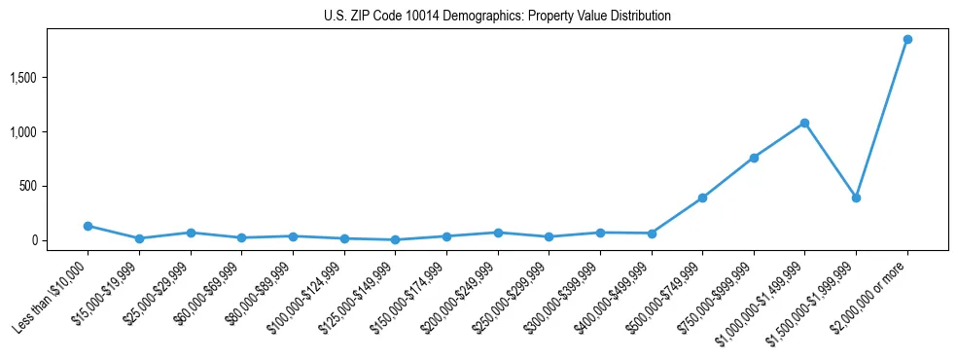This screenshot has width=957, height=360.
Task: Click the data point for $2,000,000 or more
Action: coord(906,40)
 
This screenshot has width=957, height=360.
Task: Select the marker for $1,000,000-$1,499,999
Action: coord(804,123)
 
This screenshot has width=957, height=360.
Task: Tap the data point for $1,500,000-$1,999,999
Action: coord(856,198)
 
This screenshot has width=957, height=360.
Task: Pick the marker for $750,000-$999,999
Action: coord(754,158)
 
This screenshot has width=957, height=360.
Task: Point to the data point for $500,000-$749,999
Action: coord(702,198)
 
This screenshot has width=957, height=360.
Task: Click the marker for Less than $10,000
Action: coord(89,226)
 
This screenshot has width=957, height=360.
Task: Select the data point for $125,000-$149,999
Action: coord(395,239)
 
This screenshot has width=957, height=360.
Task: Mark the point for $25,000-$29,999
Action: coord(191,233)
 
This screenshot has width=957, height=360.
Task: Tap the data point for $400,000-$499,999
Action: coord(652,234)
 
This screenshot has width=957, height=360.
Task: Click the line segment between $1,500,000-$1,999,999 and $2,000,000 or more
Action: coord(881,119)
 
